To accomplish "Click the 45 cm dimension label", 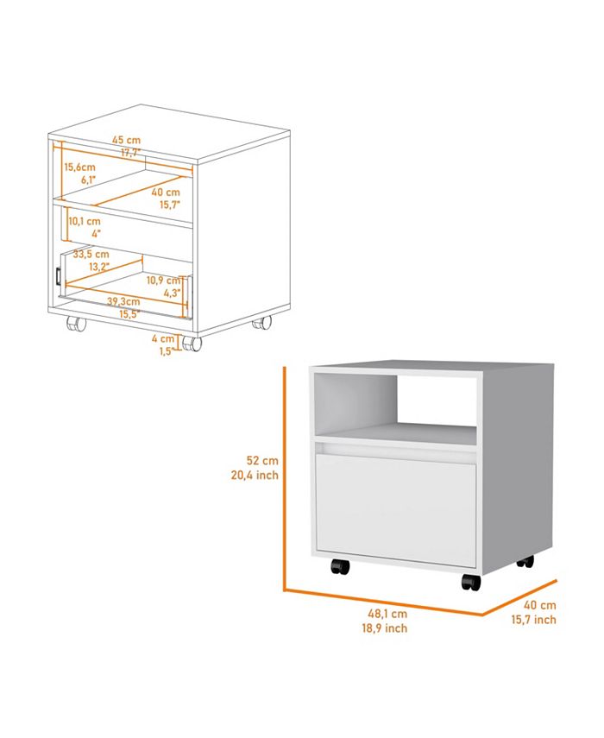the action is [126, 140].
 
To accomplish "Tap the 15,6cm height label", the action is [80, 167].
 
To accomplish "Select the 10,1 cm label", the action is [85, 221].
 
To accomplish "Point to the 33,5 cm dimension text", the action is [91, 254].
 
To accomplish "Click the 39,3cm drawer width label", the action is [123, 301].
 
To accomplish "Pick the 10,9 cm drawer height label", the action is [163, 281].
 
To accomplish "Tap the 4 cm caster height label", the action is [163, 338].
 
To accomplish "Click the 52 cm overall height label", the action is [262, 461].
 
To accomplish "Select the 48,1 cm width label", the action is [387, 614].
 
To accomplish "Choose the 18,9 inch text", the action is [385, 628].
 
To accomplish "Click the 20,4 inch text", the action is [255, 476].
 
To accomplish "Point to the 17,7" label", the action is [130, 153].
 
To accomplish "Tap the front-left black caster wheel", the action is [340, 566].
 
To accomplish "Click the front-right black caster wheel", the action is [471, 582].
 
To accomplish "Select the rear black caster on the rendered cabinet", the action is [525, 561].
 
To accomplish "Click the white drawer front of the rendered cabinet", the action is [396, 510].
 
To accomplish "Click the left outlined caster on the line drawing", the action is [76, 324].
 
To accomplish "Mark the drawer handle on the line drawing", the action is [58, 276].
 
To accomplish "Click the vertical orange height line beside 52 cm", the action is [285, 478].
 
